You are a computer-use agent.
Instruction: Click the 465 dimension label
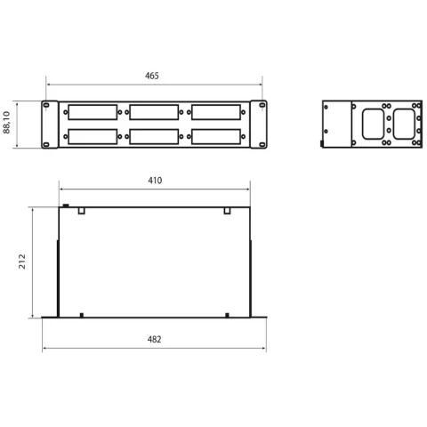coord(152,76)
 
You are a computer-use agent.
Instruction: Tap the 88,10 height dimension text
coord(6,123)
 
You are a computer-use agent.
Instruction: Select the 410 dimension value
coord(155,181)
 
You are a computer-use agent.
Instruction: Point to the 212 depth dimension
coord(22,262)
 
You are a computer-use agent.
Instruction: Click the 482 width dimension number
coord(155,339)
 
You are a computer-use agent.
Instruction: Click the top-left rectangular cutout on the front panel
coord(93,112)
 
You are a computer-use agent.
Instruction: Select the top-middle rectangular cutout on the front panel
coord(154,112)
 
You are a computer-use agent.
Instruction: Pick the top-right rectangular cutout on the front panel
coord(216,112)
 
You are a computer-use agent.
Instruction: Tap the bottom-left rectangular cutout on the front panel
coord(93,137)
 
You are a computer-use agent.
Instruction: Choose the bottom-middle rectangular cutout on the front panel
coord(154,137)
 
